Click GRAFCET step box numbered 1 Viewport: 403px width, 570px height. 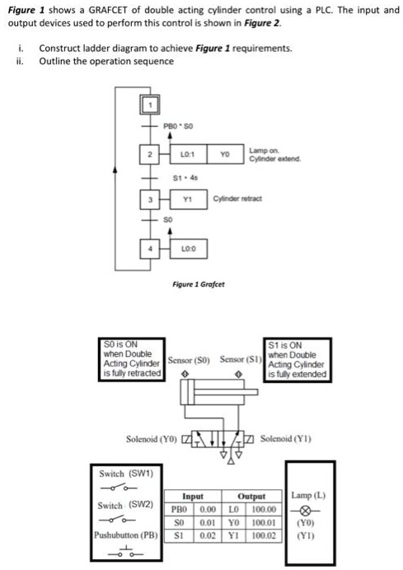[x=152, y=103]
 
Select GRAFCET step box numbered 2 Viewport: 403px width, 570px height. [x=152, y=154]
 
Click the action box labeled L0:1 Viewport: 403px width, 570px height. [x=186, y=154]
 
